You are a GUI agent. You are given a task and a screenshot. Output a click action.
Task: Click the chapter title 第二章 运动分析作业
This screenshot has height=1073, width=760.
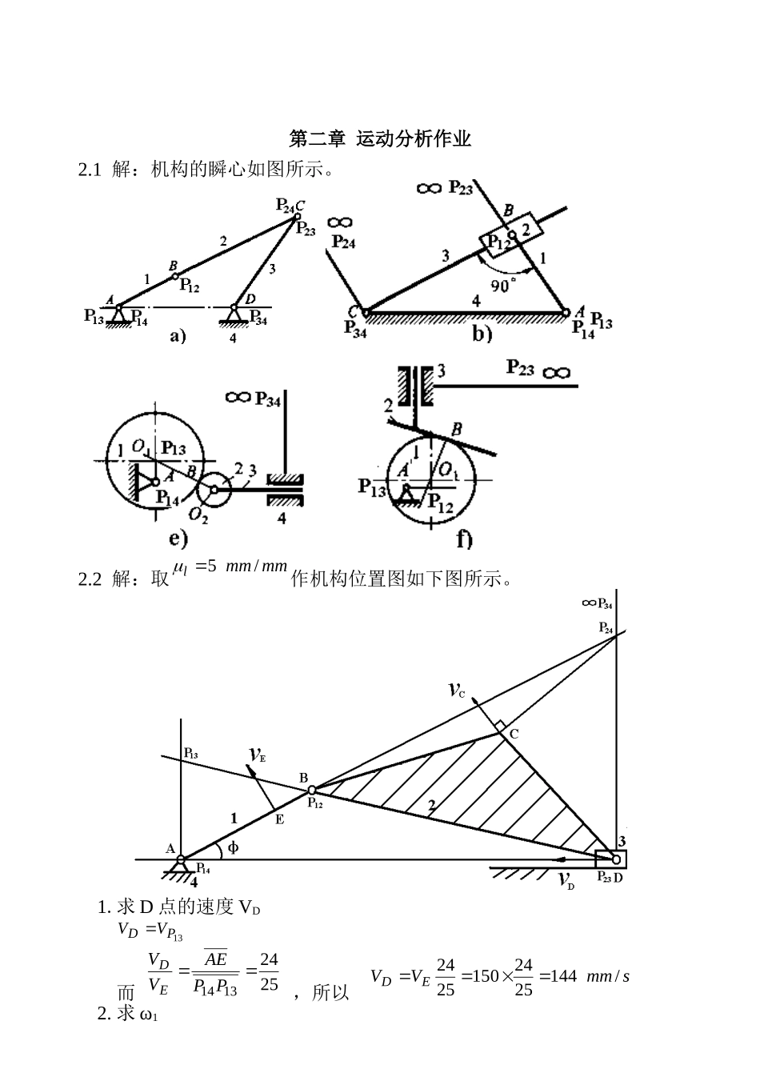pyautogui.click(x=380, y=139)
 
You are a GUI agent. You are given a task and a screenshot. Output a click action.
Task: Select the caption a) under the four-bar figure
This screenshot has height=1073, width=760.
pyautogui.click(x=178, y=336)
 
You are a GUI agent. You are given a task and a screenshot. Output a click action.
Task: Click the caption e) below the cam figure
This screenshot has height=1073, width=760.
pyautogui.click(x=178, y=539)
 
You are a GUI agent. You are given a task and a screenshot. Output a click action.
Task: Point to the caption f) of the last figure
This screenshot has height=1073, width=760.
pyautogui.click(x=465, y=539)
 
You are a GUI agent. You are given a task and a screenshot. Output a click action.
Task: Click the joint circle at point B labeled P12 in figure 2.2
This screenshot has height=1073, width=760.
pyautogui.click(x=312, y=790)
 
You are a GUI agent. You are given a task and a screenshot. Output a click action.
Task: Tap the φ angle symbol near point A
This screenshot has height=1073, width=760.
pyautogui.click(x=234, y=847)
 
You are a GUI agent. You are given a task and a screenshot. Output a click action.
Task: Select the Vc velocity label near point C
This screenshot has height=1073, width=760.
pyautogui.click(x=457, y=691)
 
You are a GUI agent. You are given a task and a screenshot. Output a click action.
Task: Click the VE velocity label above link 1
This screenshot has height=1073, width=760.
pyautogui.click(x=257, y=755)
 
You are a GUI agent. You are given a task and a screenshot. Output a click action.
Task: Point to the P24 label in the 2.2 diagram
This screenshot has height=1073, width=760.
pyautogui.click(x=606, y=628)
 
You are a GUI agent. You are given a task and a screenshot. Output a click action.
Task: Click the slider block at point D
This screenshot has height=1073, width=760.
pyautogui.click(x=610, y=859)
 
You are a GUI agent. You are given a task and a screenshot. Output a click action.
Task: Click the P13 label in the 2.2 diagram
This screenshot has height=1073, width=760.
pyautogui.click(x=191, y=754)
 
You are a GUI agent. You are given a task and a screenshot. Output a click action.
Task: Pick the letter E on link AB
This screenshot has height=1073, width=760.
pyautogui.click(x=280, y=819)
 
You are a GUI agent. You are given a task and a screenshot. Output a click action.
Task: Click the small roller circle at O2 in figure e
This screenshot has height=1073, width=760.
pyautogui.click(x=214, y=489)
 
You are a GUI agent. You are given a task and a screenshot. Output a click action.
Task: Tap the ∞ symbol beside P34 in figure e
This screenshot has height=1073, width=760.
pyautogui.click(x=238, y=397)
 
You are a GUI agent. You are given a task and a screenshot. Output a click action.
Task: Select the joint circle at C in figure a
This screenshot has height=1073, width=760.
pyautogui.click(x=298, y=217)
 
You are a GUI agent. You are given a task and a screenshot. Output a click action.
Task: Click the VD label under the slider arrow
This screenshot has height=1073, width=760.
pyautogui.click(x=567, y=880)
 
